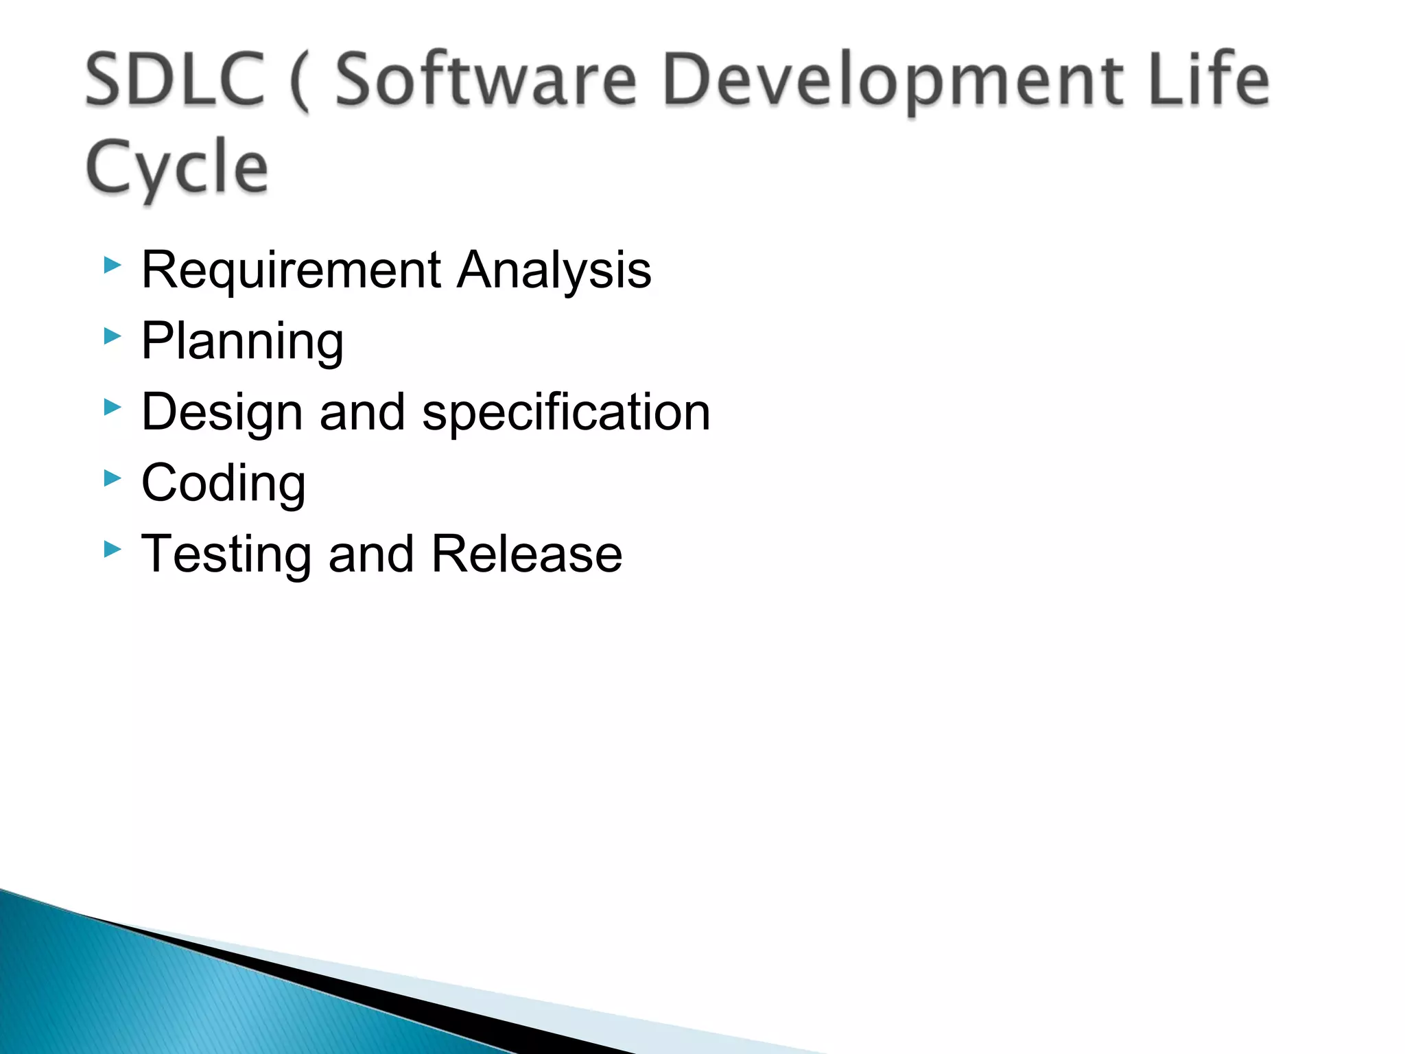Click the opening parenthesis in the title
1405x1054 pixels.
(299, 82)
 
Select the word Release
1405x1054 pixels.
(526, 554)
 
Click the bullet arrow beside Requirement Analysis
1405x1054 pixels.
(113, 265)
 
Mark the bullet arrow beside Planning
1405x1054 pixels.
(113, 336)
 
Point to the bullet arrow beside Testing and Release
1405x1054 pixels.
(113, 549)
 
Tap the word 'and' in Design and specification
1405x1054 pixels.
(362, 412)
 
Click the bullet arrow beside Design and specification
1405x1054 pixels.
(113, 408)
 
